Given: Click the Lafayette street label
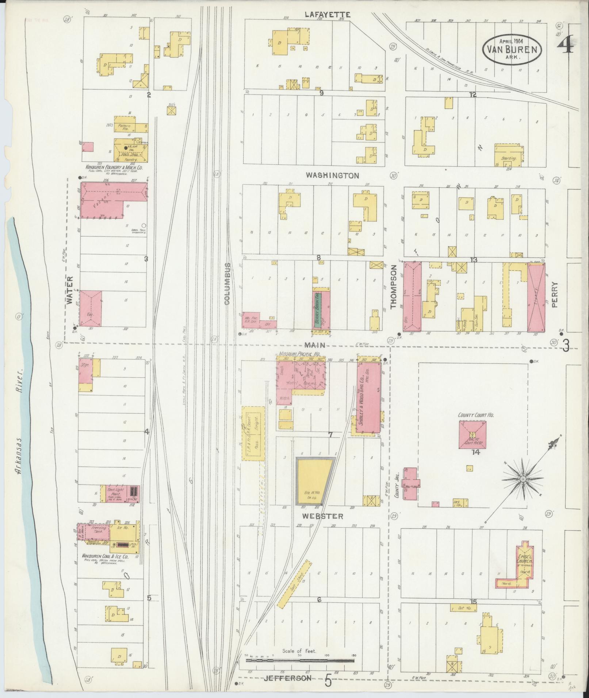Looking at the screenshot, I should [x=328, y=15].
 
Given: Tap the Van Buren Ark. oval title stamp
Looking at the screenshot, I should [x=512, y=50].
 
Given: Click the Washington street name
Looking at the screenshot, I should [x=332, y=176].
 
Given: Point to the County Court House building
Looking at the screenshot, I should [x=473, y=434].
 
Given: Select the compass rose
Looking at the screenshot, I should [x=523, y=479].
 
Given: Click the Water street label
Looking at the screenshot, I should [x=70, y=290].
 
